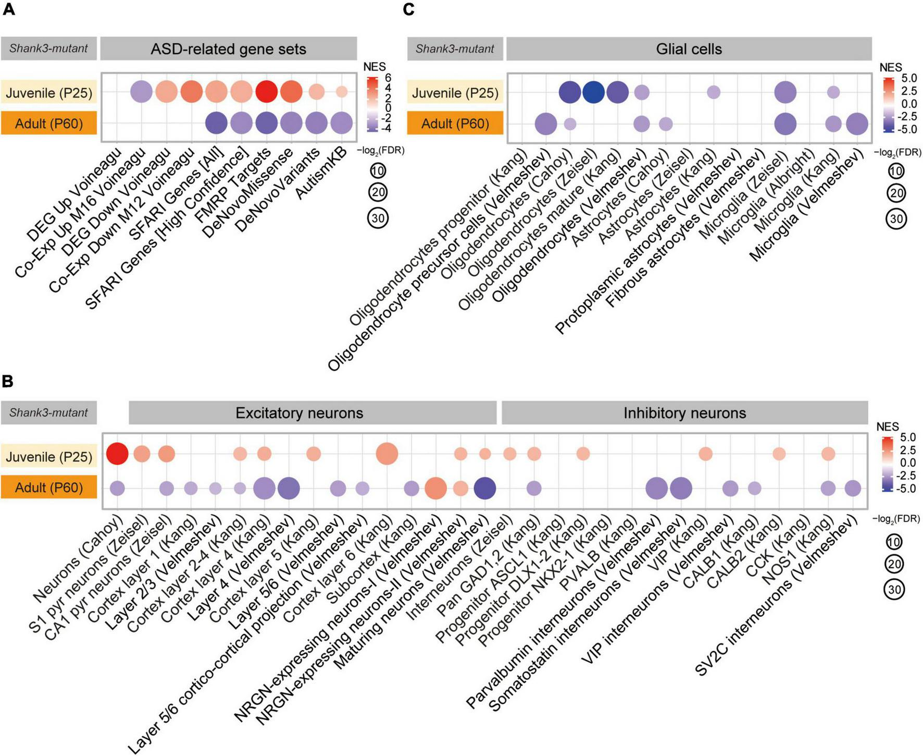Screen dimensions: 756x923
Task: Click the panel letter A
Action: (8, 9)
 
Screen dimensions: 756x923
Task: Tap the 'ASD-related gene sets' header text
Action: (228, 49)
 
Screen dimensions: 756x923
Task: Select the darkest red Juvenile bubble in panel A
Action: (266, 92)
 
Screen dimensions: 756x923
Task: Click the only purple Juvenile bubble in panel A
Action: (141, 92)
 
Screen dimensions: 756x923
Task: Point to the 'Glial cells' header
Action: (689, 49)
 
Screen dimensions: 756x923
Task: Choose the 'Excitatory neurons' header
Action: (299, 413)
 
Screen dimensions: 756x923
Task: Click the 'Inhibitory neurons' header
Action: (684, 413)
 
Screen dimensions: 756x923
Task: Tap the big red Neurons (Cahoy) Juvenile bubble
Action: (117, 453)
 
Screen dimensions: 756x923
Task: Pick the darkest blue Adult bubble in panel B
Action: (484, 489)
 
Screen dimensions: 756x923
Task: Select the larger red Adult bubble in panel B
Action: (436, 489)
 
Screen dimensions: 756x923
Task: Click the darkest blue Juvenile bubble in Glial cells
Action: (593, 92)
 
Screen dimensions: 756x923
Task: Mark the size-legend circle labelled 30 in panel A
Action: (378, 218)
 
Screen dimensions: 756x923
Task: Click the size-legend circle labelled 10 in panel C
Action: (896, 171)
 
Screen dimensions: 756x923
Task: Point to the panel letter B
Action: (7, 381)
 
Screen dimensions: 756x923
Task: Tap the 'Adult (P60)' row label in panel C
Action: (455, 124)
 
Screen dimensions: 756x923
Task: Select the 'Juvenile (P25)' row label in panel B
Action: (49, 457)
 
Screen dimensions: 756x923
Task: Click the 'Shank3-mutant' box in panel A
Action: (48, 48)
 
